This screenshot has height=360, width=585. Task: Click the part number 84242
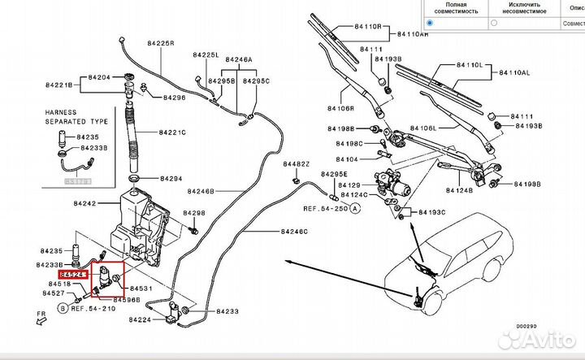(x=84, y=205)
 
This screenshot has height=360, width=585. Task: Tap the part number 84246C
(x=294, y=232)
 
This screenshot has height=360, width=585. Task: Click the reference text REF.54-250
(x=324, y=209)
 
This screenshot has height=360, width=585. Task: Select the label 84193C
(x=432, y=212)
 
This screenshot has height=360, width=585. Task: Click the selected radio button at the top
(x=430, y=24)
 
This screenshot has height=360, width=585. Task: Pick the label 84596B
(x=126, y=300)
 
